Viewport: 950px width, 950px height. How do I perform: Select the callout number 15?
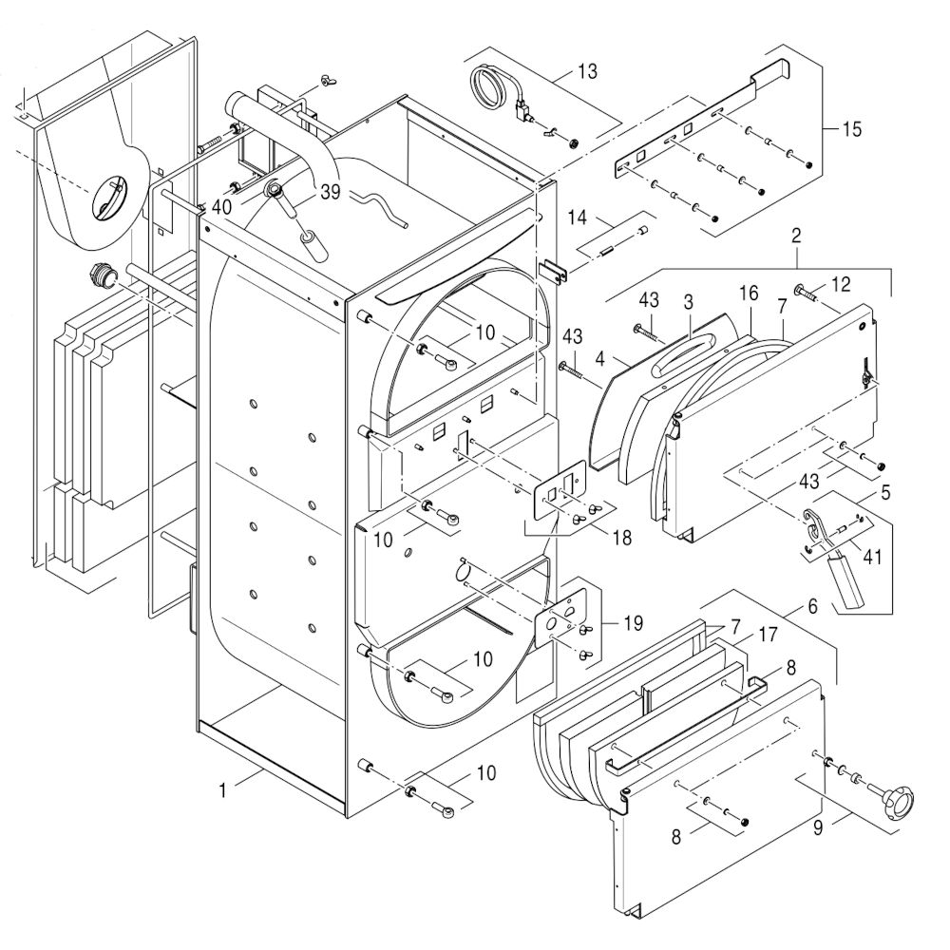coord(851,129)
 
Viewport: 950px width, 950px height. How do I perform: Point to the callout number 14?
coord(579,218)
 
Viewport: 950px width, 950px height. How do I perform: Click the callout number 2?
coord(796,234)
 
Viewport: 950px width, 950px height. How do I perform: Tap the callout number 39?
coord(330,191)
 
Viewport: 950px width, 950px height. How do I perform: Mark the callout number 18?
coord(621,538)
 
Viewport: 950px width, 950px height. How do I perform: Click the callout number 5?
coord(884,493)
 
